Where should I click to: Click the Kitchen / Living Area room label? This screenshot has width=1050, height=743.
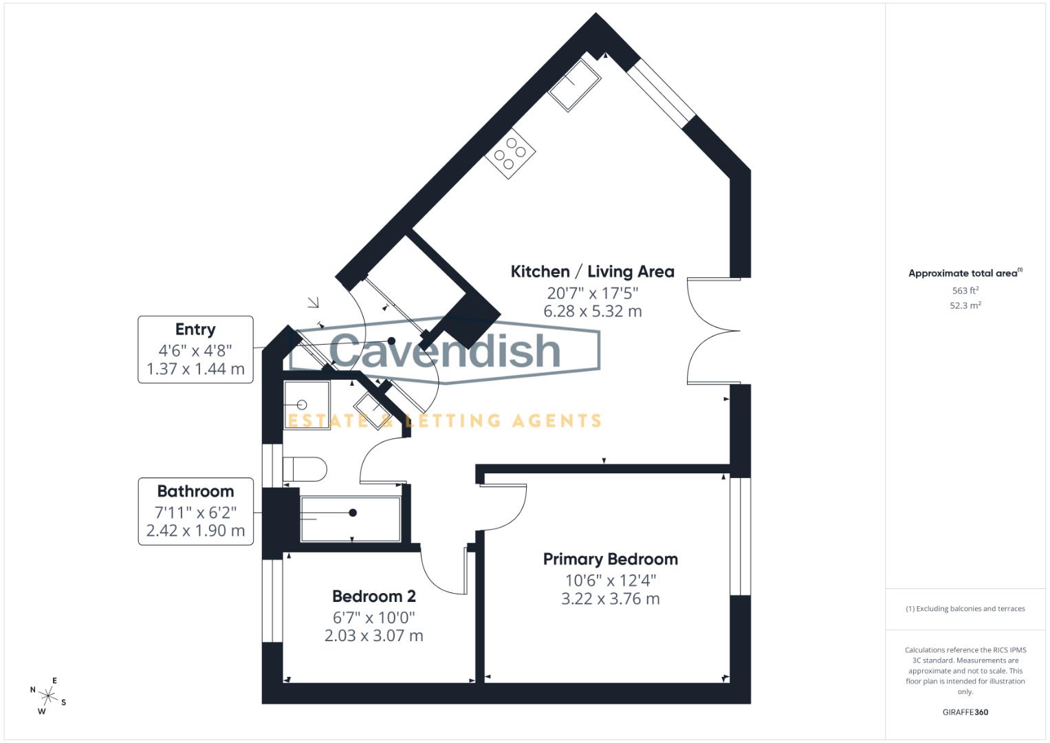(592, 272)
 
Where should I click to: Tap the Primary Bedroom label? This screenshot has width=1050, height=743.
(610, 559)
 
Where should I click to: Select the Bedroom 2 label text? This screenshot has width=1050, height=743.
(373, 596)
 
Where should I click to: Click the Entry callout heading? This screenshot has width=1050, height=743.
(195, 330)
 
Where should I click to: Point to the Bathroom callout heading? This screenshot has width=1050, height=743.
(195, 491)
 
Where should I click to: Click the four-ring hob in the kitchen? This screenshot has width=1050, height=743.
(510, 154)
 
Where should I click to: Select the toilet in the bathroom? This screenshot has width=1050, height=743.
(303, 469)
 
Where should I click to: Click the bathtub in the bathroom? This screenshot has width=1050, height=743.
(351, 519)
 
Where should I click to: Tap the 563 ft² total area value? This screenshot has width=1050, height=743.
(965, 291)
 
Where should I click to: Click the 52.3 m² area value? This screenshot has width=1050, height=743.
(965, 305)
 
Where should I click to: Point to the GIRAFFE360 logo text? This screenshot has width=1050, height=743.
(965, 712)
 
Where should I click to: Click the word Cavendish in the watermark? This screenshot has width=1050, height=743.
(445, 350)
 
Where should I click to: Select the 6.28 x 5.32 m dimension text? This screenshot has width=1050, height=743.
(592, 311)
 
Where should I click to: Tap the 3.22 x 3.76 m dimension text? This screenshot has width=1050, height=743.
(610, 599)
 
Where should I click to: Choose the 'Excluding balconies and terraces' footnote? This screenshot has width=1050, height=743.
(965, 609)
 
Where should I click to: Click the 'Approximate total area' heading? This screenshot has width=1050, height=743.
(964, 273)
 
